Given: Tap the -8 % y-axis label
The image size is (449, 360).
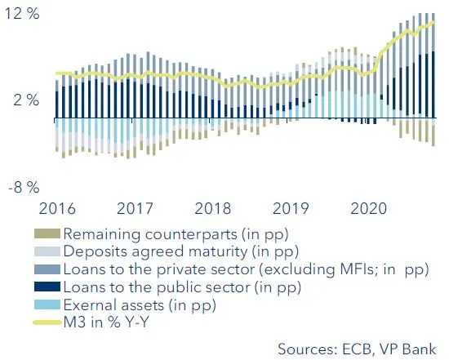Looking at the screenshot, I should coord(21,187).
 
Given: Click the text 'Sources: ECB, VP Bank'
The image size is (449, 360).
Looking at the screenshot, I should coord(358,349).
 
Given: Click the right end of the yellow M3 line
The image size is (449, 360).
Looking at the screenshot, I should coord(433,22).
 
